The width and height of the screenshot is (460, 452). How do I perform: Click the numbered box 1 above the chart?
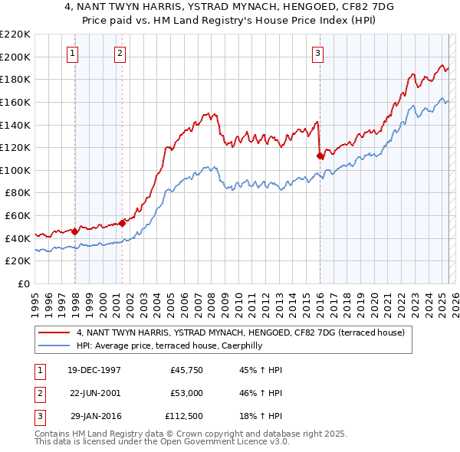click(x=72, y=53)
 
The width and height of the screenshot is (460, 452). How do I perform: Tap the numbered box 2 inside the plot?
click(x=120, y=53)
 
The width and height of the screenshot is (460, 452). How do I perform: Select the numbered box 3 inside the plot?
click(x=317, y=53)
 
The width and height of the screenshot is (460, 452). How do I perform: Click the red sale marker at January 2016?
click(x=320, y=156)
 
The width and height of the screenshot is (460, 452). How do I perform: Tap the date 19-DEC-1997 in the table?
click(x=94, y=370)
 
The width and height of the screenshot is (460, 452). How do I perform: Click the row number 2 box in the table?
click(x=38, y=393)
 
